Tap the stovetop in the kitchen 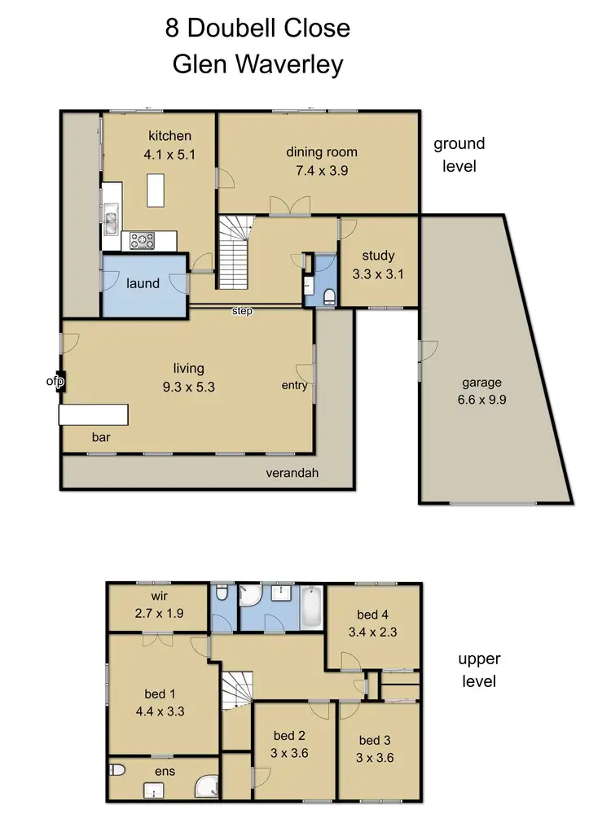tap(143, 239)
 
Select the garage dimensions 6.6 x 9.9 tap(481, 401)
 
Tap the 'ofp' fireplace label tap(55, 380)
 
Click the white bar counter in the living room tap(94, 415)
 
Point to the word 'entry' tap(295, 385)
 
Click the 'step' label tap(242, 311)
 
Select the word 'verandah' tap(291, 473)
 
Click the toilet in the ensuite tap(116, 769)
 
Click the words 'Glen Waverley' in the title tap(257, 64)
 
